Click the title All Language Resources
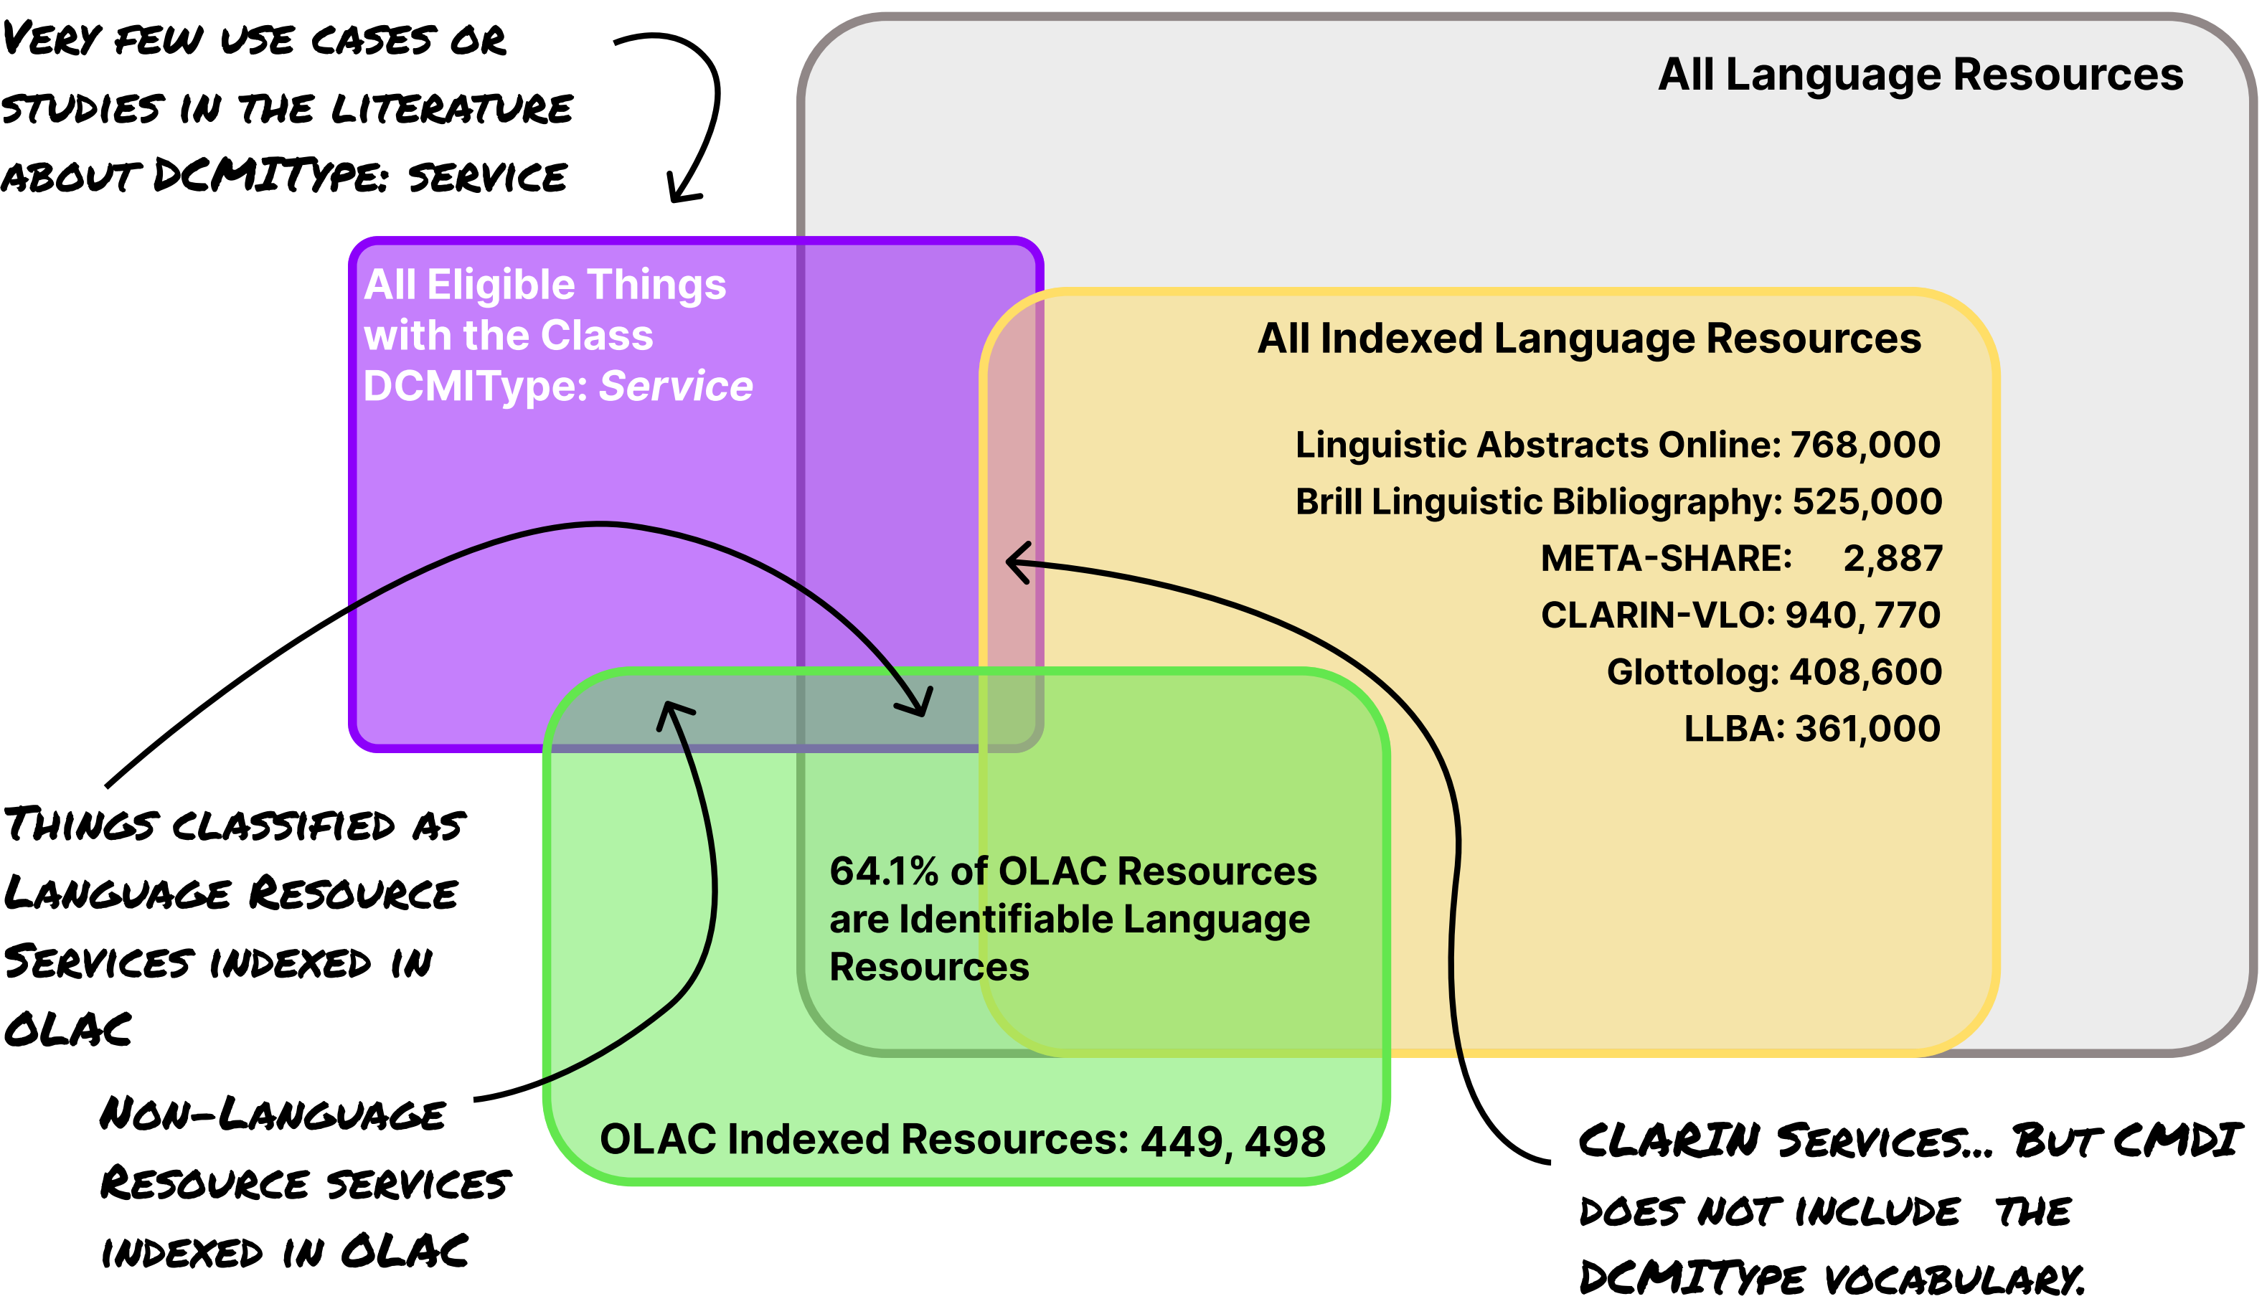[1920, 75]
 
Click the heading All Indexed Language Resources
[1588, 339]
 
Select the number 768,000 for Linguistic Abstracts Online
[1865, 445]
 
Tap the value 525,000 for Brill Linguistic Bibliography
[1867, 501]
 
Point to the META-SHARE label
[1665, 558]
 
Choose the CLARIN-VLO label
[1657, 615]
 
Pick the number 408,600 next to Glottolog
[1865, 671]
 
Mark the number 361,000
[1867, 728]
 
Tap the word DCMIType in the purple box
[475, 387]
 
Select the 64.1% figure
[884, 871]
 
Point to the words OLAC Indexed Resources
[863, 1139]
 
